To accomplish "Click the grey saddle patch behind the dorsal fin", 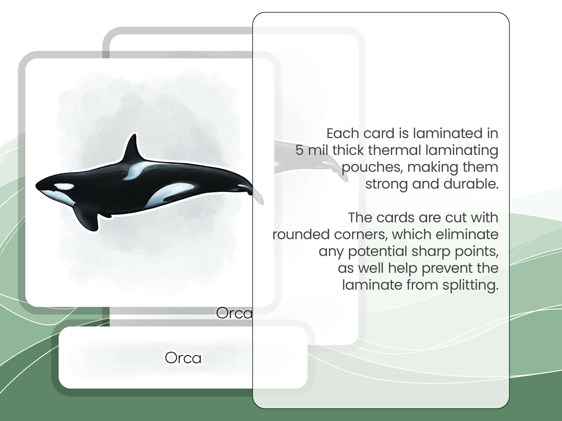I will click(x=137, y=170).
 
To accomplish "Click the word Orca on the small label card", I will click(x=183, y=358).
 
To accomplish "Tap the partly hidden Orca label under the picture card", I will click(x=234, y=313).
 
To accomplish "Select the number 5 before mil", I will click(x=299, y=150).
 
